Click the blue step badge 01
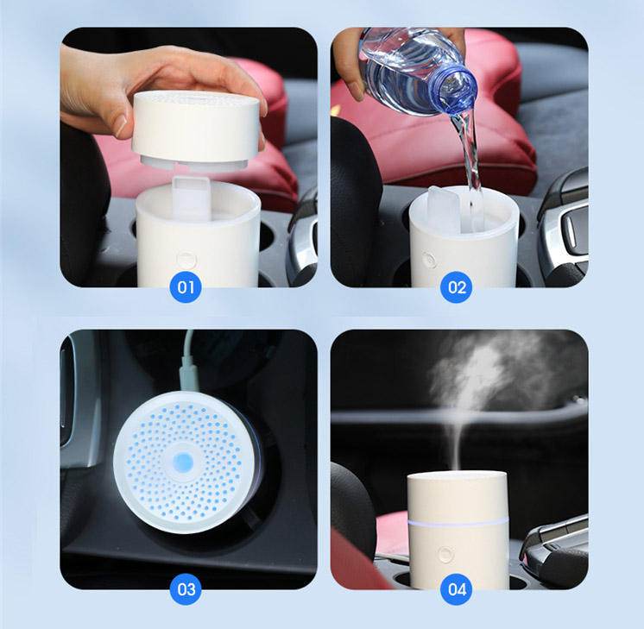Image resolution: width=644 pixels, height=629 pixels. pos(186,286)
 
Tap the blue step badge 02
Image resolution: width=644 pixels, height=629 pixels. pos(457,286)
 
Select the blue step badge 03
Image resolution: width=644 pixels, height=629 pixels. pos(186,590)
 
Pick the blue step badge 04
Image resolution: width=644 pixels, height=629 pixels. pos(457,590)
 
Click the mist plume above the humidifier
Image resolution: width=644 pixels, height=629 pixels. pos(480,380)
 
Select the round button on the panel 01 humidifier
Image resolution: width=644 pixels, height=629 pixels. pos(184,258)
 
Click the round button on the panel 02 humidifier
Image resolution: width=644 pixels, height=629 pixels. pos(429,258)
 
